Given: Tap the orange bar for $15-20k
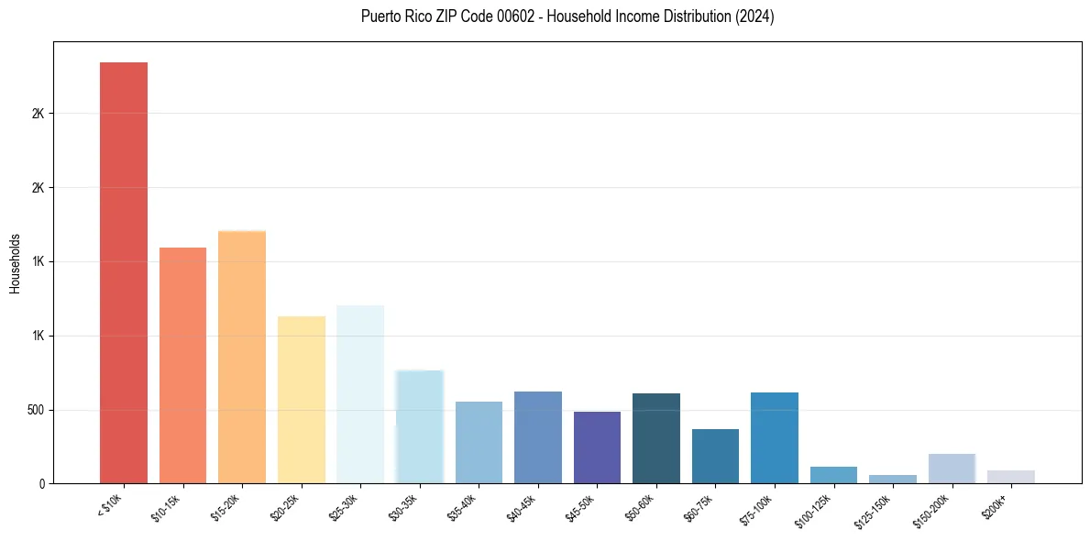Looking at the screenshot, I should tap(242, 357).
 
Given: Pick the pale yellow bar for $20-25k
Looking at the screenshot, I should tap(301, 400).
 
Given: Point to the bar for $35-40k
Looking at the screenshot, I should tap(479, 442).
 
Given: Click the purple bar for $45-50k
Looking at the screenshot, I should tap(597, 447).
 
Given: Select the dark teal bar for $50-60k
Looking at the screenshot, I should tap(656, 438).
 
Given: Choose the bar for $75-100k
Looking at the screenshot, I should tap(775, 437).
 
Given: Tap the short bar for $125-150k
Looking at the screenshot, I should tap(893, 479).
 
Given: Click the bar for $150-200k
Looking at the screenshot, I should tap(952, 469).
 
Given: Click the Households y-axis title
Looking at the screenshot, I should tap(15, 263).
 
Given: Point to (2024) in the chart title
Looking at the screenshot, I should tap(754, 17).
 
